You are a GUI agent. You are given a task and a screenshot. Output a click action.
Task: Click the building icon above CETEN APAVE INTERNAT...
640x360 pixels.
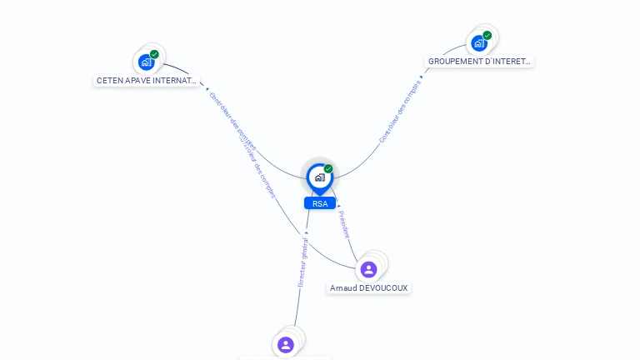(x=146, y=62)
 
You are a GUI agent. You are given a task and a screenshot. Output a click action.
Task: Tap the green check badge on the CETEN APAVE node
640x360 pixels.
(x=154, y=54)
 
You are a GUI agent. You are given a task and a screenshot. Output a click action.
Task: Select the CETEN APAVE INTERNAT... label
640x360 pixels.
(x=147, y=81)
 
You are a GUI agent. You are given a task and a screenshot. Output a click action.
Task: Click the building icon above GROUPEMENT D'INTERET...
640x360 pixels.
(x=478, y=42)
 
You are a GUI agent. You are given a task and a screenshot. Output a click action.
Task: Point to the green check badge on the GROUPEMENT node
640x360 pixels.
(x=487, y=36)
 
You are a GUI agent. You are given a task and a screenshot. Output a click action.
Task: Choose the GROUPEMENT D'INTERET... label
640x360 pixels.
(x=479, y=62)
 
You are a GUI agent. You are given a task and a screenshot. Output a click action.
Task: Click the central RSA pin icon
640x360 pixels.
(x=319, y=177)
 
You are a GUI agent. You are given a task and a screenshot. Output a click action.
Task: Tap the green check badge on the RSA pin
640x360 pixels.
(x=328, y=168)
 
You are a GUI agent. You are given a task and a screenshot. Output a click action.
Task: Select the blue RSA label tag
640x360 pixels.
(x=319, y=203)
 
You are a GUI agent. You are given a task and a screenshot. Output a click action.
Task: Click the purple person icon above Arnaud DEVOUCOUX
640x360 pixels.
(x=368, y=269)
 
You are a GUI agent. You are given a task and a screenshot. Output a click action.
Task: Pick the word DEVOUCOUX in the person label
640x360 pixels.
(x=384, y=287)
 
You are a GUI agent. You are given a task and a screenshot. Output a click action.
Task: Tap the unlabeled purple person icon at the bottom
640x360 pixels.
(x=286, y=344)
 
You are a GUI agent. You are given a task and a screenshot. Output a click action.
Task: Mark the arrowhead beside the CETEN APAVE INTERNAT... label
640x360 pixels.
(x=206, y=87)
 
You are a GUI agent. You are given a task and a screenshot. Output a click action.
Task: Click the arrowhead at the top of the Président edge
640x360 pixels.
(x=337, y=205)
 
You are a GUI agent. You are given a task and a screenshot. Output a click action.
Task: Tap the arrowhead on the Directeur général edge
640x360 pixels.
(x=306, y=232)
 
